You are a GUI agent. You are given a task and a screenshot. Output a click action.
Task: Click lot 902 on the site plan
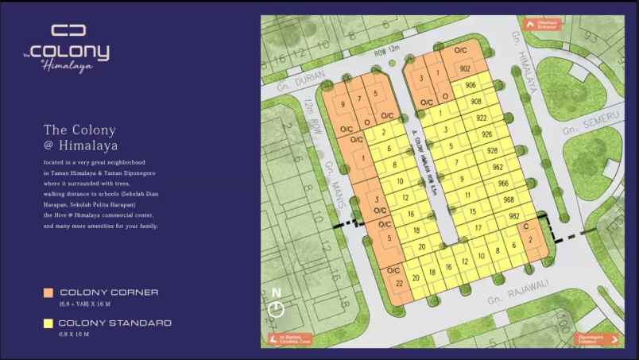click(x=465, y=69)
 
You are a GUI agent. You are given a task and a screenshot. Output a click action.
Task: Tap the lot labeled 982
click(x=514, y=216)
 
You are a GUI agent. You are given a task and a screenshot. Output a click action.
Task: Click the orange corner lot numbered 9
click(x=343, y=104)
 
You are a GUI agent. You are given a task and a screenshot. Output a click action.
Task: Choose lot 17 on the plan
click(x=478, y=228)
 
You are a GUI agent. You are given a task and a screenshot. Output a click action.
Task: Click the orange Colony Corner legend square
click(x=48, y=293)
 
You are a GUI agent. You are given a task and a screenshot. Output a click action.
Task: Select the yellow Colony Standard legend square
click(x=48, y=323)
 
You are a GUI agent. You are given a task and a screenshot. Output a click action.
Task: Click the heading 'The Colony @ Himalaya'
click(x=79, y=137)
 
